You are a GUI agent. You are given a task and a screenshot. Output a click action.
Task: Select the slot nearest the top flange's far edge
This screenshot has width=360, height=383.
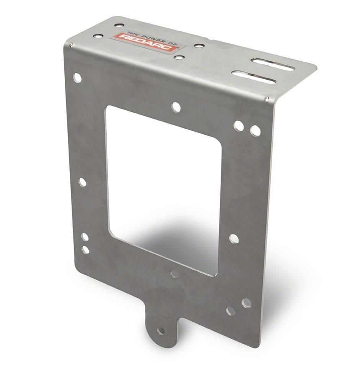[272, 64]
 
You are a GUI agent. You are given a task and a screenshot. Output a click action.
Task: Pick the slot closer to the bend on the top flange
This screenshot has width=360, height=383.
[254, 77]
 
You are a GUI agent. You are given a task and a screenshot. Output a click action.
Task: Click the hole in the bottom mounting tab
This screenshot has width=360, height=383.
[161, 331]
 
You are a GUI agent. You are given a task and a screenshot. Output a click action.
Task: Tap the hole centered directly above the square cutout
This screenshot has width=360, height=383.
[176, 107]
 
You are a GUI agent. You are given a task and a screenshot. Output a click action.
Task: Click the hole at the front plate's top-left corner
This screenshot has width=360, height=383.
[77, 78]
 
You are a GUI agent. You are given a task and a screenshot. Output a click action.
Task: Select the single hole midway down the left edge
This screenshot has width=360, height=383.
[82, 182]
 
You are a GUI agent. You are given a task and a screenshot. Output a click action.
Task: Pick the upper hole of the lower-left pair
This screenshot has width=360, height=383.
[85, 237]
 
